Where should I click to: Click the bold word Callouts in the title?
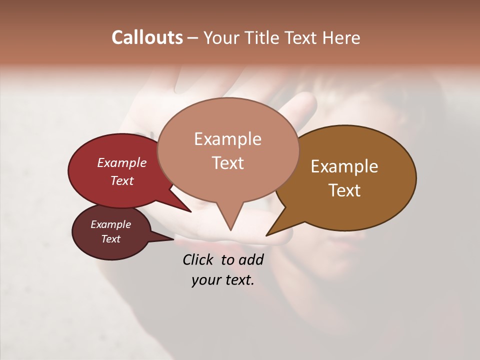147,37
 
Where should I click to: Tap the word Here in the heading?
341,37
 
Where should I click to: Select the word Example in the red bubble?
122,162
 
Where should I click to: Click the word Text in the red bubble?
122,180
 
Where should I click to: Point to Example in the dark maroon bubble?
110,224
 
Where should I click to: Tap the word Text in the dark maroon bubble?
110,238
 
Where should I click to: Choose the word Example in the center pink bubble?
227,139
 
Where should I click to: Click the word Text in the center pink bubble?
227,163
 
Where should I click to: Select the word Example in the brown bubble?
344,166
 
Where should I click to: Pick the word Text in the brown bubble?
344,190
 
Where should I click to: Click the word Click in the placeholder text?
199,259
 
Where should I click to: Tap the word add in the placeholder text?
251,259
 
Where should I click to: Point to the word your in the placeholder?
205,280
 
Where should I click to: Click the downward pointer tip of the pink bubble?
230,229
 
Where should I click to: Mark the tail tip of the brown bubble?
267,234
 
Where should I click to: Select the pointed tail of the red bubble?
190,211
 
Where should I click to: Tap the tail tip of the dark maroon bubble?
173,239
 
